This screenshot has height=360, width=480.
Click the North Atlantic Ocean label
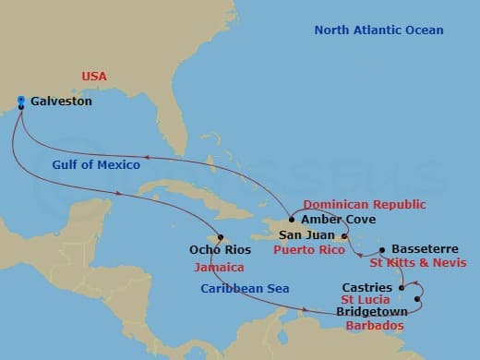point(378,30)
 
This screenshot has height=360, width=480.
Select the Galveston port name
point(61,102)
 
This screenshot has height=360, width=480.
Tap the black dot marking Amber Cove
point(292,220)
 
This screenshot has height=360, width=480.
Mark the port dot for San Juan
point(344,236)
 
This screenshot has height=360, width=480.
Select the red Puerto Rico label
point(311,250)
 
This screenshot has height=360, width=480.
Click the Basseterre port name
point(423,249)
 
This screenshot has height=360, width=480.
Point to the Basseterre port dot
point(382,249)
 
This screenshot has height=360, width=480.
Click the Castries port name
point(366,288)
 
